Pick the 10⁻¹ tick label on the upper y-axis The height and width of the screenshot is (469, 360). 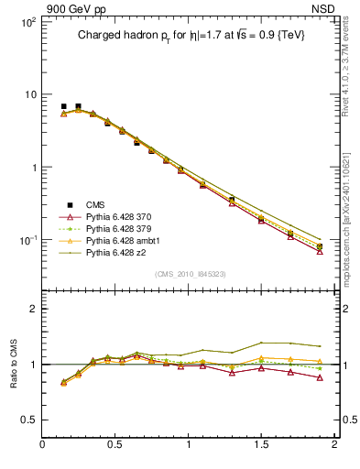[26, 240]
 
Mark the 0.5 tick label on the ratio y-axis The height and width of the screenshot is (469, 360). [29, 420]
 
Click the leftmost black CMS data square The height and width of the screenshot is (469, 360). [63, 106]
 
